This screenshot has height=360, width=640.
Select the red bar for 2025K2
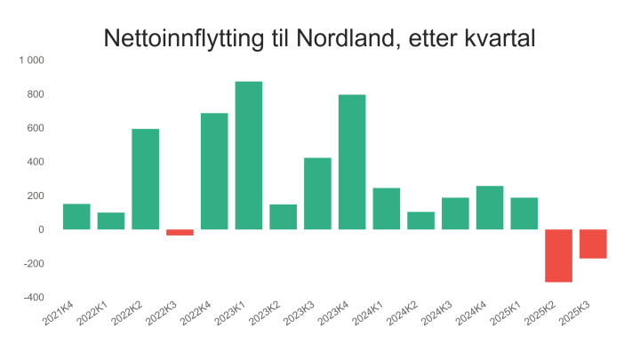(x=558, y=256)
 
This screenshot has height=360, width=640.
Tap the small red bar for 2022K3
(x=180, y=232)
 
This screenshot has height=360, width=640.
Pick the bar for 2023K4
(x=352, y=162)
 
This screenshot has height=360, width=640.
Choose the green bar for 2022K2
(x=146, y=179)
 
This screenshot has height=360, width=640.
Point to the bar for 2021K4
(x=76, y=217)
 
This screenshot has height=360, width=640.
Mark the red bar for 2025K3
(x=593, y=244)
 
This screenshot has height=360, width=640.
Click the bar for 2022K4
(x=214, y=172)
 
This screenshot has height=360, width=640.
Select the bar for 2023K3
(x=317, y=194)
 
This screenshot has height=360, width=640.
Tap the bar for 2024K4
(x=490, y=208)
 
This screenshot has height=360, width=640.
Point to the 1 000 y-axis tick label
(x=32, y=60)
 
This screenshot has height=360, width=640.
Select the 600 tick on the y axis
(x=36, y=128)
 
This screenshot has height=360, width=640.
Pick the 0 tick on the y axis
(x=41, y=229)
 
